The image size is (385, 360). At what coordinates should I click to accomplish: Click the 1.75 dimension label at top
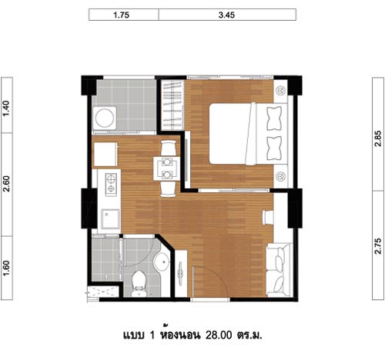click(122, 15)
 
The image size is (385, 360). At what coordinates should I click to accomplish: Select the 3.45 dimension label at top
click(226, 15)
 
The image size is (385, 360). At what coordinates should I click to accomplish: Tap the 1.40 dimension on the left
click(6, 108)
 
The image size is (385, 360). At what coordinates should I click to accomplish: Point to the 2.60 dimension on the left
click(6, 184)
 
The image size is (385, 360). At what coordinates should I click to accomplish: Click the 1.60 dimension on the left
click(6, 268)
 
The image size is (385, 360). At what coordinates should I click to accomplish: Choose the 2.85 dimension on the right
click(378, 138)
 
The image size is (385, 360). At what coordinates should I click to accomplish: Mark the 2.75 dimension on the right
click(378, 246)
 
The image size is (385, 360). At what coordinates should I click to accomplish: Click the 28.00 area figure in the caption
click(219, 335)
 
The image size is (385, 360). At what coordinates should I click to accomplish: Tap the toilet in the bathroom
click(139, 284)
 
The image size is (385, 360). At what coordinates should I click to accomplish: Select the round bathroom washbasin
click(162, 262)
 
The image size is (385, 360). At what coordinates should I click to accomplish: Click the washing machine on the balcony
click(105, 118)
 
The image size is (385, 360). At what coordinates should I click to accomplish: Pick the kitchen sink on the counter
click(111, 218)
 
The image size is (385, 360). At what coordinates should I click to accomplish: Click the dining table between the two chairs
click(167, 168)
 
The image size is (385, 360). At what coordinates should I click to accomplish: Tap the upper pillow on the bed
click(274, 118)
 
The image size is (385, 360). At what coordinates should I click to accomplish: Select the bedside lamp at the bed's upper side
click(280, 90)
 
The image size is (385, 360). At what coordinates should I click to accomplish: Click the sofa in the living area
click(280, 270)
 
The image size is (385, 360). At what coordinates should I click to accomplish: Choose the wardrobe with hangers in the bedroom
click(172, 105)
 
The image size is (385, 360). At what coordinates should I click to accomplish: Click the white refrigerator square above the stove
click(105, 155)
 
